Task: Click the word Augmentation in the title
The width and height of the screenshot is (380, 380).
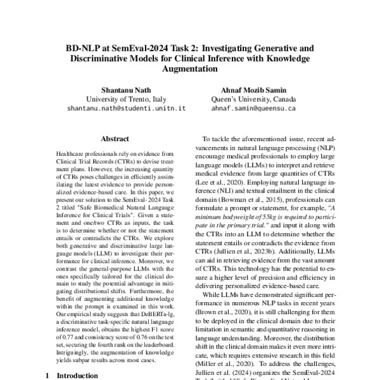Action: click(190, 70)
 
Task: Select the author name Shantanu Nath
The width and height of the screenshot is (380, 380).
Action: click(125, 89)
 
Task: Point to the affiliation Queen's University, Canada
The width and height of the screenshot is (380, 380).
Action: click(254, 99)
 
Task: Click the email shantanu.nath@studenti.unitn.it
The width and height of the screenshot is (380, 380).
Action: click(125, 108)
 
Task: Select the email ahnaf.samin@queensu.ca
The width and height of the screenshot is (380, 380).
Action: click(254, 108)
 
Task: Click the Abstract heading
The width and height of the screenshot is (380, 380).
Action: click(115, 139)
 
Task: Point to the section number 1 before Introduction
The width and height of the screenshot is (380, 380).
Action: click(48, 376)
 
